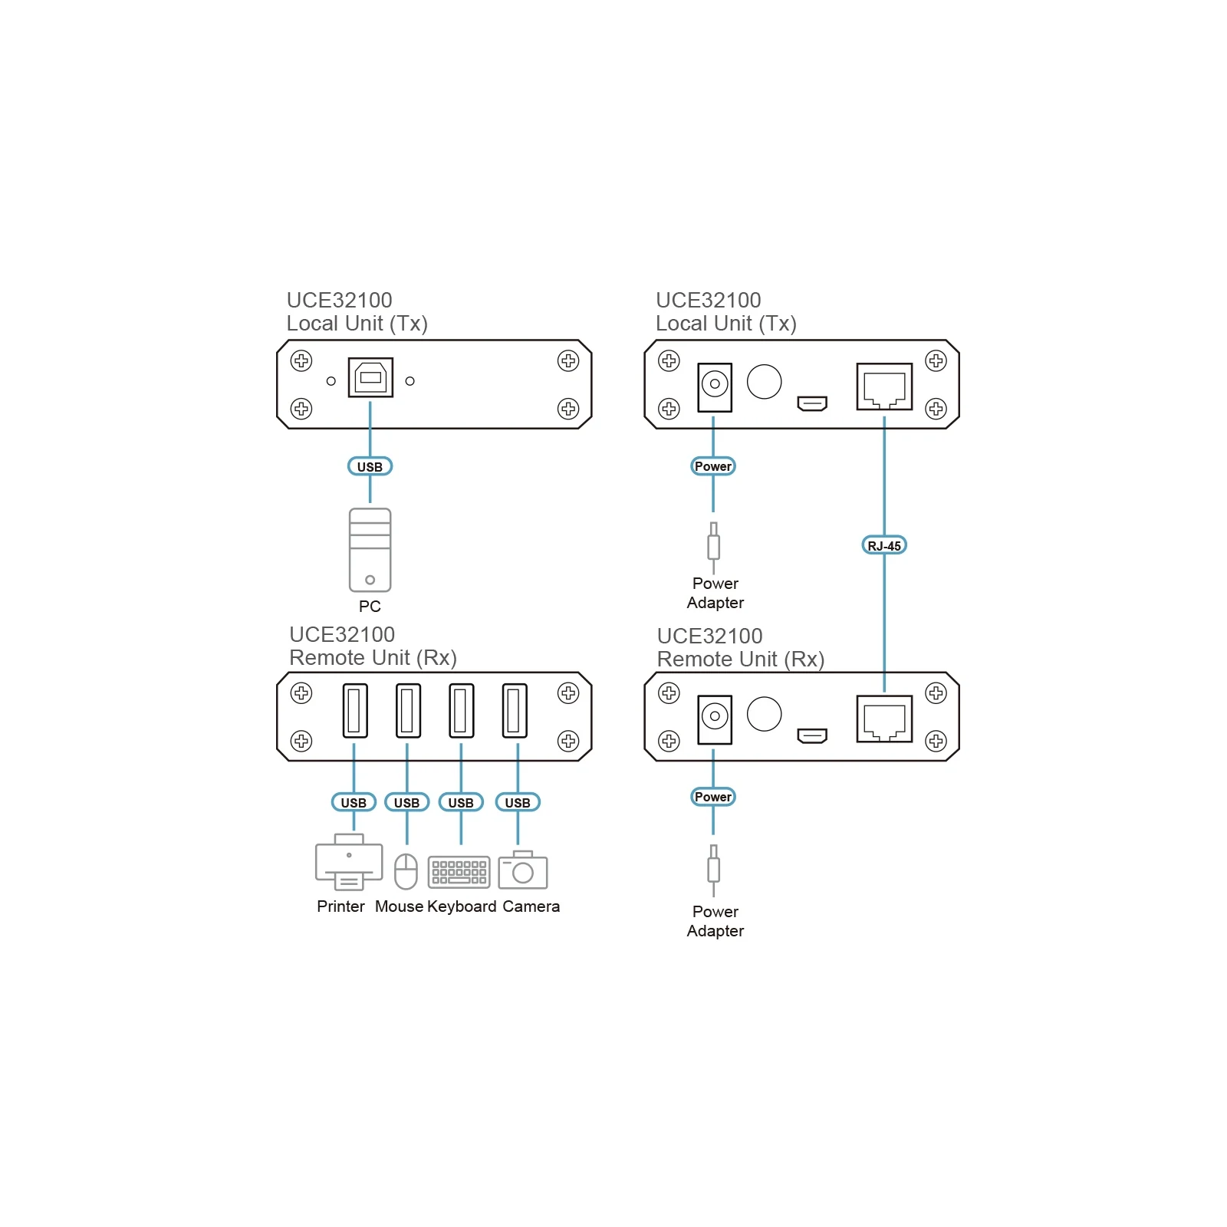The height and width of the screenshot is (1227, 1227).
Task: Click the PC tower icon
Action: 370,550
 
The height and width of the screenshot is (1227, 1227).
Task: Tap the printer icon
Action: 349,862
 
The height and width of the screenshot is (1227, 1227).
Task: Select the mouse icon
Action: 406,872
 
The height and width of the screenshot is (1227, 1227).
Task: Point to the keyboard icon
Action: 459,872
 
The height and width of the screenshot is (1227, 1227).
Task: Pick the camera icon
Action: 522,870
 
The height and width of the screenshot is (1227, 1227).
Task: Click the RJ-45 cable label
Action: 884,545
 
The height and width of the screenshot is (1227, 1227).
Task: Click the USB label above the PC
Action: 370,466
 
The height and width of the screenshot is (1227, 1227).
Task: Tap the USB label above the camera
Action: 518,802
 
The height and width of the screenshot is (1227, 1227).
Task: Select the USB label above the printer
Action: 354,802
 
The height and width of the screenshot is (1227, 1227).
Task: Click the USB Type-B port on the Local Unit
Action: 370,377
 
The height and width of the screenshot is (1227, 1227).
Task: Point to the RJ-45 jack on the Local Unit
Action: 884,387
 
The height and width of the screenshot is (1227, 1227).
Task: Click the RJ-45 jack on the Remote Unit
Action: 884,719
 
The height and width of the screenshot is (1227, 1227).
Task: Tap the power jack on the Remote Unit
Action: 715,719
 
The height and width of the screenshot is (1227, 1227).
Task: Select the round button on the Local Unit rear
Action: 764,381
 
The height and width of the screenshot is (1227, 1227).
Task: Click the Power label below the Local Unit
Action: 713,466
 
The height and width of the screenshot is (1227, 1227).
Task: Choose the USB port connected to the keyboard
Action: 461,710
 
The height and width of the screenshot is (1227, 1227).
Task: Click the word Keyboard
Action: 462,906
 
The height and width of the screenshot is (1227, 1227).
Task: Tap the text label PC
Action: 370,607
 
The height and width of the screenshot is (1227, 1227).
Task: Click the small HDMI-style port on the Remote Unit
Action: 812,736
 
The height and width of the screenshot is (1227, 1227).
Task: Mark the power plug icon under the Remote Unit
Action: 714,870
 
